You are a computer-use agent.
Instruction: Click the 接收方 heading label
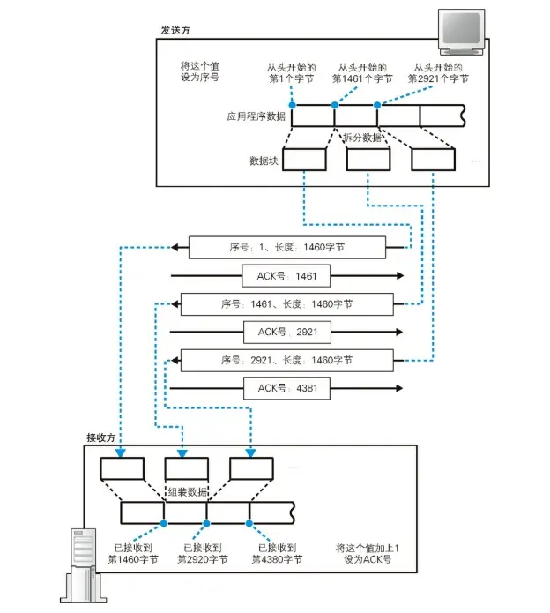pos(101,437)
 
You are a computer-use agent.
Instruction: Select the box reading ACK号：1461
pos(286,276)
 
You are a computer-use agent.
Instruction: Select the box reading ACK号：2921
pos(286,332)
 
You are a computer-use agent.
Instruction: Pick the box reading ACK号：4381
pos(286,388)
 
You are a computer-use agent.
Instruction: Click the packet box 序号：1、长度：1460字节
pos(286,248)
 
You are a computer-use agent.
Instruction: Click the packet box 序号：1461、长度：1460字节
pos(286,304)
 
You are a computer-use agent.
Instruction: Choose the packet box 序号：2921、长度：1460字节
pos(286,360)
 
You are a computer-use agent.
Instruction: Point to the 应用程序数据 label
pos(255,116)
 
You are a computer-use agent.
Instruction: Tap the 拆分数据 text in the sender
pos(361,138)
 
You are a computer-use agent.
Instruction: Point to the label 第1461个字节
pos(362,79)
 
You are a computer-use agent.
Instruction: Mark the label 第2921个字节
pos(438,79)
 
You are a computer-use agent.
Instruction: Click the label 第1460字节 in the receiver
pos(132,559)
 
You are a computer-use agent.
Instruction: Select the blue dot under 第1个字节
pos(292,104)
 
